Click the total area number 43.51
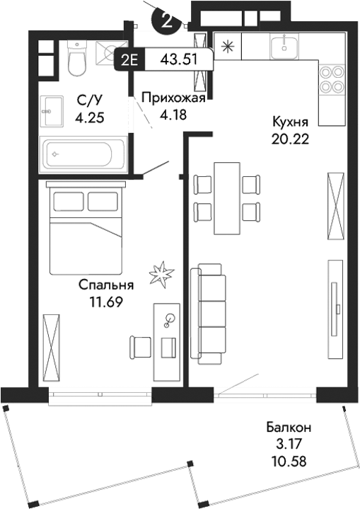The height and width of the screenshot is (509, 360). (x=176, y=59)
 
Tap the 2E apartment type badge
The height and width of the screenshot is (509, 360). (x=129, y=59)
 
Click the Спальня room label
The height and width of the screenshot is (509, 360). (x=105, y=286)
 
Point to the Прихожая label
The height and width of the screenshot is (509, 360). (x=173, y=98)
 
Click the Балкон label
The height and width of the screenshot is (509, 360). (x=289, y=428)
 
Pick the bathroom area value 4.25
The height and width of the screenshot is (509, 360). (x=90, y=118)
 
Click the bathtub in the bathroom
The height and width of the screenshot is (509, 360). (x=82, y=152)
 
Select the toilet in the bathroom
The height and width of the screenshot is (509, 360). (x=77, y=57)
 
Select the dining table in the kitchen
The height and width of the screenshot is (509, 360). (x=226, y=198)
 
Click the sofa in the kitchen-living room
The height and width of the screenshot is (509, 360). (x=211, y=313)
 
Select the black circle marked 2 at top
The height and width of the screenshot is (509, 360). (x=167, y=19)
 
